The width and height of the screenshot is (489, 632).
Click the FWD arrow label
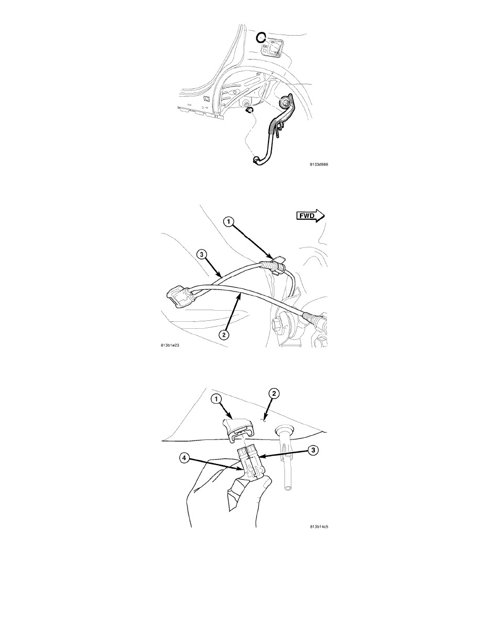(311, 216)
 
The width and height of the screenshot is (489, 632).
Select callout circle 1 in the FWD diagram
(229, 221)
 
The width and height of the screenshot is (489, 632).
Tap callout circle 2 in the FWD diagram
(224, 334)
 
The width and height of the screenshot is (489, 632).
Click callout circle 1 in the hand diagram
(216, 399)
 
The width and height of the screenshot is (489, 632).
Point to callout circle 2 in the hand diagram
(273, 394)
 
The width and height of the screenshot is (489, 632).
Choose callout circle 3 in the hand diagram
(314, 450)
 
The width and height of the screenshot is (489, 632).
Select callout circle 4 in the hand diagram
(184, 458)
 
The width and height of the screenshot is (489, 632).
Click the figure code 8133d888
(319, 164)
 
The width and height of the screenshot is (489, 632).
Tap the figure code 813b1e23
(169, 345)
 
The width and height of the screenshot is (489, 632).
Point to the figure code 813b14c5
(319, 526)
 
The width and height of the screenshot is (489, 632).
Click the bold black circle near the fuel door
(261, 37)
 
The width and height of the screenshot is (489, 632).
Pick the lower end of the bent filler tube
(256, 161)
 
